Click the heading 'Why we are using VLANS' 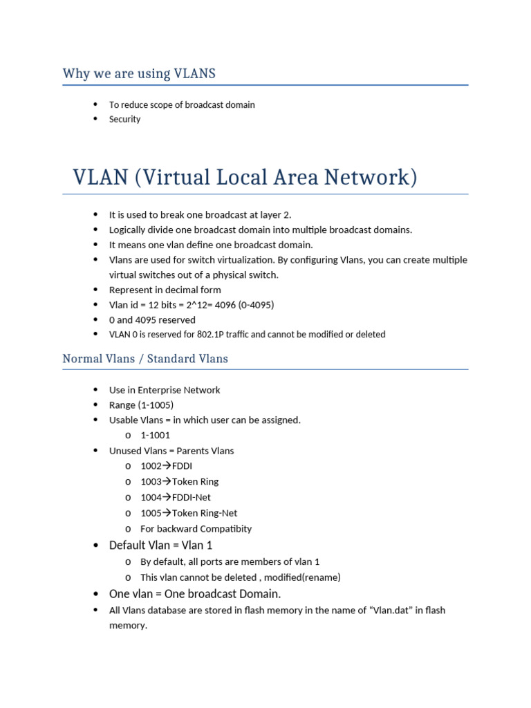[x=139, y=73]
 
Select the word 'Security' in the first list [x=124, y=119]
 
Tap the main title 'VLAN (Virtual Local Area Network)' [x=245, y=177]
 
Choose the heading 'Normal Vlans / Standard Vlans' [x=145, y=359]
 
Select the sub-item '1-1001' [x=155, y=436]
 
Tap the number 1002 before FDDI [x=151, y=466]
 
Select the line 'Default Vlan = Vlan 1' [x=160, y=545]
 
